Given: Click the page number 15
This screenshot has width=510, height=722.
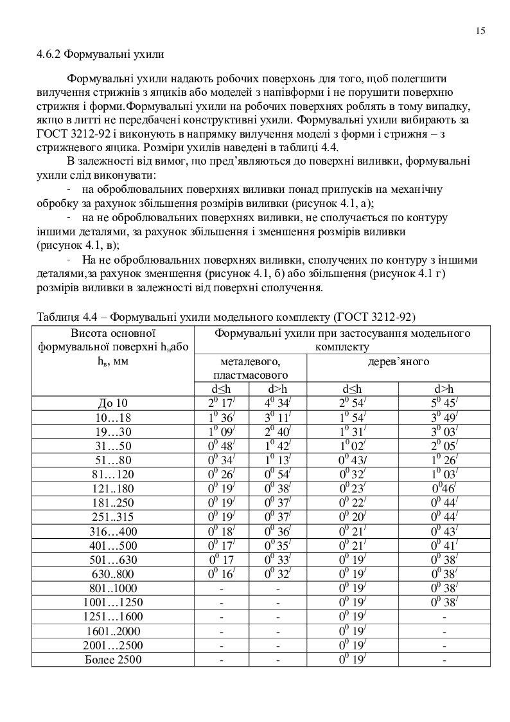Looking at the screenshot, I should pos(480,30).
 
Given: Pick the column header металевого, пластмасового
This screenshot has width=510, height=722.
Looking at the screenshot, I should pos(250,368).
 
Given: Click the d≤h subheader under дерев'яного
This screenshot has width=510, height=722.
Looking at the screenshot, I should pos(351,389).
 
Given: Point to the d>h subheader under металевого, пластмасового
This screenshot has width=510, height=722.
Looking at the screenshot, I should pos(278,389).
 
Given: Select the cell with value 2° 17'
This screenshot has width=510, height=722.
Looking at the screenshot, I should pos(222,403).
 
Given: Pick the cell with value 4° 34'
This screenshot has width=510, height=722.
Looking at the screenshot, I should pos(278,403).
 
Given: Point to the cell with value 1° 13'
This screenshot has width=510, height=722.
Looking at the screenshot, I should pos(278,460).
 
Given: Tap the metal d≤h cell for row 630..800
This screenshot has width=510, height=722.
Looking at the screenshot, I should pos(222,574).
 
